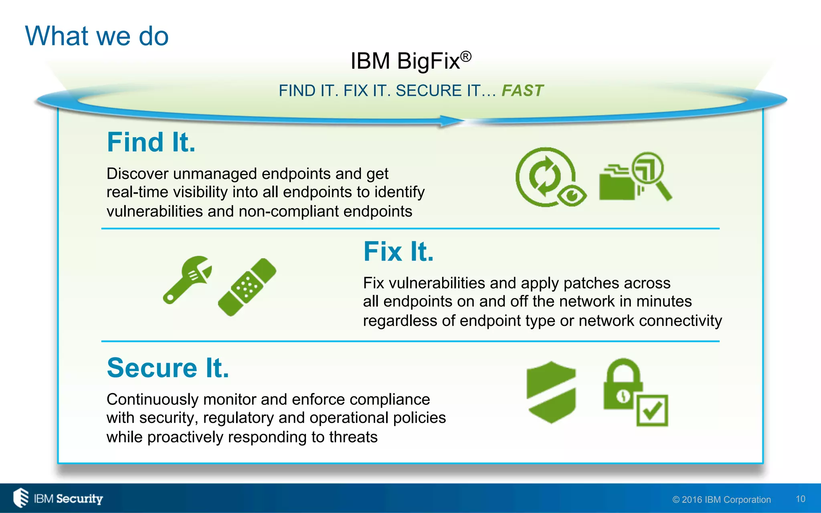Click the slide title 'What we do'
pos(97,36)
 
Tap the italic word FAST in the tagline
pos(522,91)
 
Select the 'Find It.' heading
pos(151,142)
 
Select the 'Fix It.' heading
pos(398,252)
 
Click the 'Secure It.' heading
pos(168,368)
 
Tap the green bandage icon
pos(247,287)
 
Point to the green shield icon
pos(551,392)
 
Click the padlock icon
pos(622,385)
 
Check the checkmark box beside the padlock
pos(652,410)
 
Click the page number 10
pos(800,499)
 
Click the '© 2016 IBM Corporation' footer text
pos(721,500)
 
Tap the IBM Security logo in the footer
pos(59,498)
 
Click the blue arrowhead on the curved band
pos(451,120)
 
